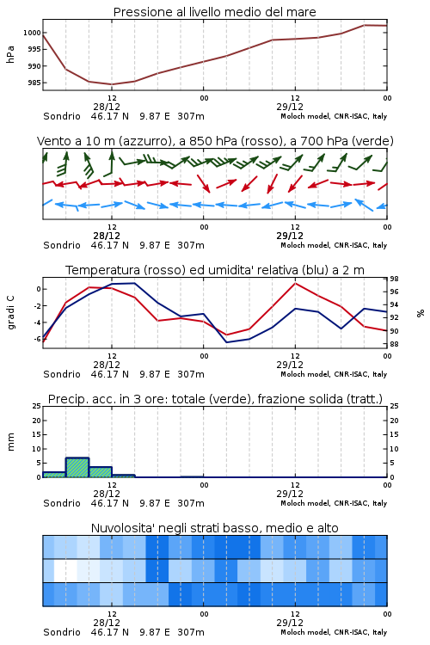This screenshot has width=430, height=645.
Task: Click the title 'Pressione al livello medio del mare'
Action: [214, 12]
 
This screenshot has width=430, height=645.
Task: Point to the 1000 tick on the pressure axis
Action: [32, 33]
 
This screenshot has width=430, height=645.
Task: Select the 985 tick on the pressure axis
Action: [34, 83]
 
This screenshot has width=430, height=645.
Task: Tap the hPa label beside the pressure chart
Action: [10, 54]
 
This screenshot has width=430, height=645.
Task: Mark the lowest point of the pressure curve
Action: [112, 84]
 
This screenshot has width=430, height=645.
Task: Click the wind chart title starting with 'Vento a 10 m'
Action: [215, 141]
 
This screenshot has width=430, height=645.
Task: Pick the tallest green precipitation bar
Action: [77, 467]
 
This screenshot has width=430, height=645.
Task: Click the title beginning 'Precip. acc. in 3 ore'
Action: [215, 399]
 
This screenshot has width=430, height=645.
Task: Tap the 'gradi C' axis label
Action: [11, 312]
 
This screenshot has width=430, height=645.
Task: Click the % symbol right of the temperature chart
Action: [421, 313]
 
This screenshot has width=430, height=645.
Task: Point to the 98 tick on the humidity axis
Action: [394, 279]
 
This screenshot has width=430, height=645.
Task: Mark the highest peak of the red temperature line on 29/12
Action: [295, 283]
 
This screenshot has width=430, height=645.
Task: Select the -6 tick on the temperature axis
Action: [37, 339]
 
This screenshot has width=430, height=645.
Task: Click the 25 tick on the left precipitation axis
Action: [37, 406]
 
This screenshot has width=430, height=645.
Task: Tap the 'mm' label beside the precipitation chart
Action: [11, 442]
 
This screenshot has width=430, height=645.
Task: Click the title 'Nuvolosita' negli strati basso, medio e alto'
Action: [214, 528]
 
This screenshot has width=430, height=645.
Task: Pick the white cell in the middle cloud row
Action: [66, 570]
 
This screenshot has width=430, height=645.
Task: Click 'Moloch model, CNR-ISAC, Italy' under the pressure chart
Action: [334, 116]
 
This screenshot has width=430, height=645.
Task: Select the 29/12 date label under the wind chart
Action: [290, 236]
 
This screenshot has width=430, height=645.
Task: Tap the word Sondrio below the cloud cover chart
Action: [62, 632]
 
